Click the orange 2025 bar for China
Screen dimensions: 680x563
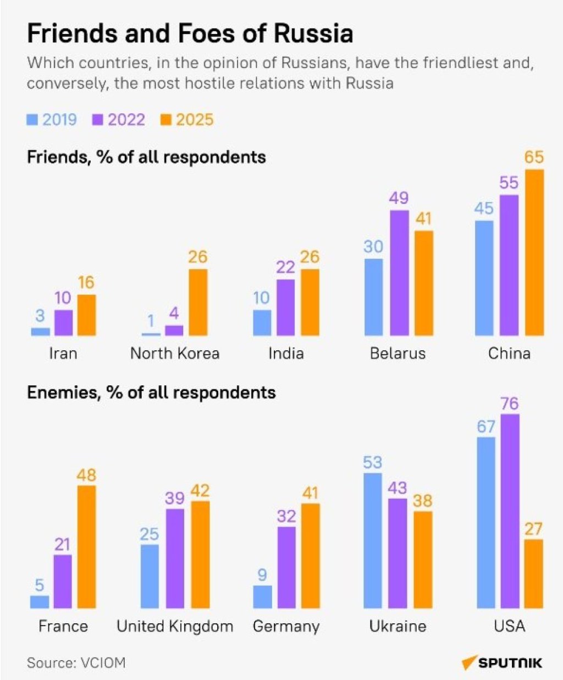(534, 252)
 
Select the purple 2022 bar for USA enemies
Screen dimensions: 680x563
(510, 511)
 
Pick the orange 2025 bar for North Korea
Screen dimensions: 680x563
(198, 302)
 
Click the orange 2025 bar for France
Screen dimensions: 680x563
(86, 546)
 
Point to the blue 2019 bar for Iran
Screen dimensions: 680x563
(40, 331)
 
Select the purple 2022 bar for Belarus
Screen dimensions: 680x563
(399, 273)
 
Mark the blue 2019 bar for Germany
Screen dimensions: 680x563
(262, 596)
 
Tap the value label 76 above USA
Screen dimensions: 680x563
(510, 403)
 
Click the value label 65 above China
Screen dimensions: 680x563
(534, 157)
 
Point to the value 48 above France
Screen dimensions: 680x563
(86, 474)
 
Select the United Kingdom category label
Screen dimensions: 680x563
(175, 626)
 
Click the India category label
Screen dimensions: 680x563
(286, 353)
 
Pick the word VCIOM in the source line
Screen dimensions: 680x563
(103, 662)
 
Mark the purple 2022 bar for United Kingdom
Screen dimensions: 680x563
(175, 559)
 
